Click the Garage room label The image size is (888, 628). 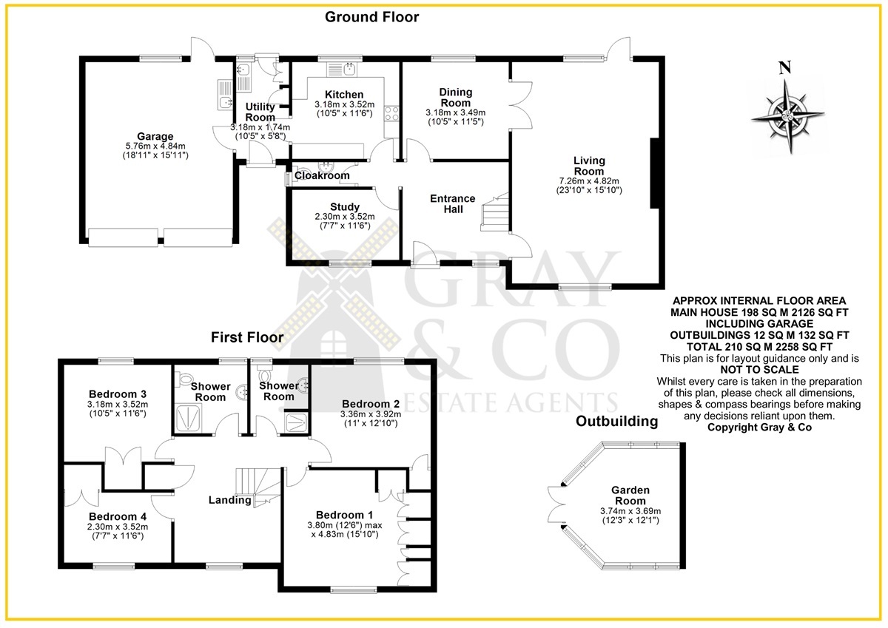click(x=155, y=137)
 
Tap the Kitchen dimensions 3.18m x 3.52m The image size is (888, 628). click(x=345, y=104)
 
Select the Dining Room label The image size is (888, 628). click(x=456, y=98)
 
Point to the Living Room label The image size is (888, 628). click(x=589, y=166)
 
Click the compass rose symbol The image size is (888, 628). click(x=787, y=115)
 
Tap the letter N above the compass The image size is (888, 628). click(x=785, y=68)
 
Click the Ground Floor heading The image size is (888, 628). click(x=371, y=17)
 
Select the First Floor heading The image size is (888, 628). click(x=247, y=337)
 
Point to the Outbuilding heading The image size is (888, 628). click(x=617, y=421)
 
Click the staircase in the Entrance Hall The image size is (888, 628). click(x=495, y=212)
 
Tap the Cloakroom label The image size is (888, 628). click(x=322, y=175)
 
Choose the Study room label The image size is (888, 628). click(x=345, y=207)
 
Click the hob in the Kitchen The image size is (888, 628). click(x=391, y=115)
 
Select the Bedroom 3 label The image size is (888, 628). click(x=118, y=394)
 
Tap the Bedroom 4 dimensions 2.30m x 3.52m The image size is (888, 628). click(x=118, y=527)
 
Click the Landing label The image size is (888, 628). click(x=230, y=501)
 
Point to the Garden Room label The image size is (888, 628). click(x=630, y=496)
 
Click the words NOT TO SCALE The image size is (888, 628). click(x=759, y=370)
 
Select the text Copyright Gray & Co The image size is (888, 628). click(x=759, y=427)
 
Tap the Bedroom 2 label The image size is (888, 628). click(x=371, y=404)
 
